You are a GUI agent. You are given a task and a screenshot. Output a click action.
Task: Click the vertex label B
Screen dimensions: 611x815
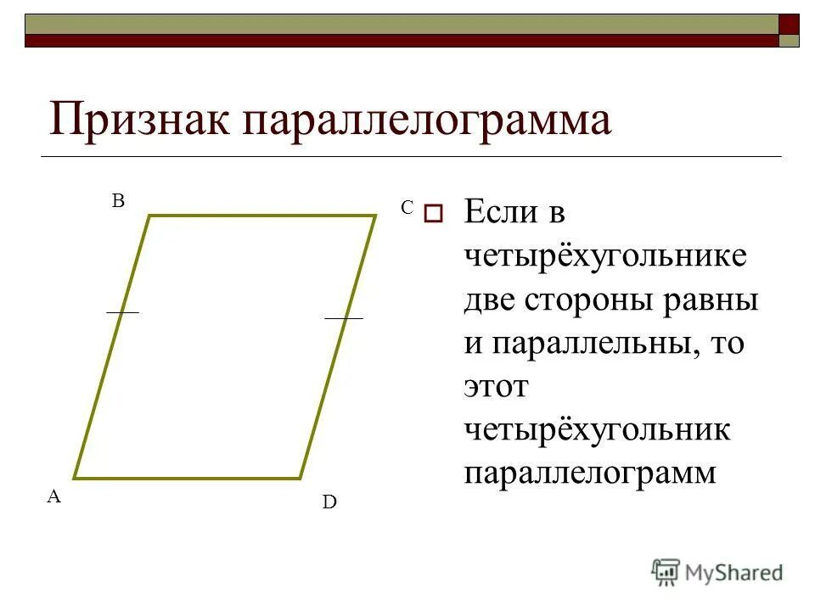tap(119, 201)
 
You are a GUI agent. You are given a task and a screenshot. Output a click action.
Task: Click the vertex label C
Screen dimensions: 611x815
tap(407, 207)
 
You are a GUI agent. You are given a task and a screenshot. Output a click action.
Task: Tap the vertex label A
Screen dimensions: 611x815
tap(53, 497)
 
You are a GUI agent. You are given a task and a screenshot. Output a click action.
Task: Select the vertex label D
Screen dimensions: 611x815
tap(329, 503)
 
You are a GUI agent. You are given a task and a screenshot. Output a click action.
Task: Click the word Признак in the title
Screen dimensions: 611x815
tap(139, 120)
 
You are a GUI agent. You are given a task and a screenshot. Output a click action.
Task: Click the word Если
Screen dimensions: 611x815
tap(501, 212)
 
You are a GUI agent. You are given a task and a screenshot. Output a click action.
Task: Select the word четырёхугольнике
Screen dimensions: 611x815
tap(605, 256)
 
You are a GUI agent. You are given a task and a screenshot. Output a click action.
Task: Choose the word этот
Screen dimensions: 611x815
tap(496, 387)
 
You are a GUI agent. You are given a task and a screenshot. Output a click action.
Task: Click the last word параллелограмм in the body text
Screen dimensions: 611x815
tap(590, 474)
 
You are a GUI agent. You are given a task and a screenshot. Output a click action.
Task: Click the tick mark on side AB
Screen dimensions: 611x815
tap(122, 312)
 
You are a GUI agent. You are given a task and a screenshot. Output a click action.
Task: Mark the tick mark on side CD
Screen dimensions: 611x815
tap(343, 318)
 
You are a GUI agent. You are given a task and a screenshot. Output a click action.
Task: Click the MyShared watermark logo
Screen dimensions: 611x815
tap(717, 572)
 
